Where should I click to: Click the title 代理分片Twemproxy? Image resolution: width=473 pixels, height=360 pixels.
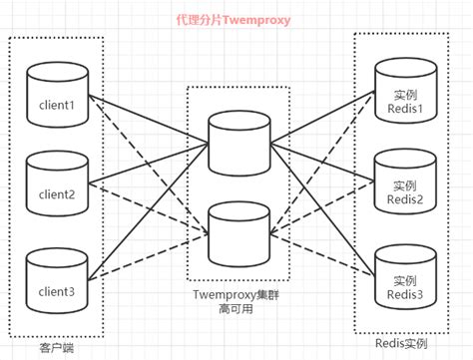coord(233,19)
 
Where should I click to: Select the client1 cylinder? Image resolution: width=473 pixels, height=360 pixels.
coord(56,99)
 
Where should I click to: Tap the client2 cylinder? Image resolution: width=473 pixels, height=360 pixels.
coord(56,186)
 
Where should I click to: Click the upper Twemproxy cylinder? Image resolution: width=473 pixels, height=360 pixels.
coord(236,141)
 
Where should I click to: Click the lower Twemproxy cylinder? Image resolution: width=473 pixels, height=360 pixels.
coord(236,228)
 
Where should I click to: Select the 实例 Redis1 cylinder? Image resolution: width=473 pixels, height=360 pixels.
coord(404,96)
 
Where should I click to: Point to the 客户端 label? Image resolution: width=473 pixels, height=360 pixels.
coord(55,346)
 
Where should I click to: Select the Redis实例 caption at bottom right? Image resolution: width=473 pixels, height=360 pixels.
coord(404,341)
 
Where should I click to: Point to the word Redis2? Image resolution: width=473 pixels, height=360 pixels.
coord(404,199)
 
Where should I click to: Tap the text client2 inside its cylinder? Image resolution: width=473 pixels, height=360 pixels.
coord(56,193)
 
